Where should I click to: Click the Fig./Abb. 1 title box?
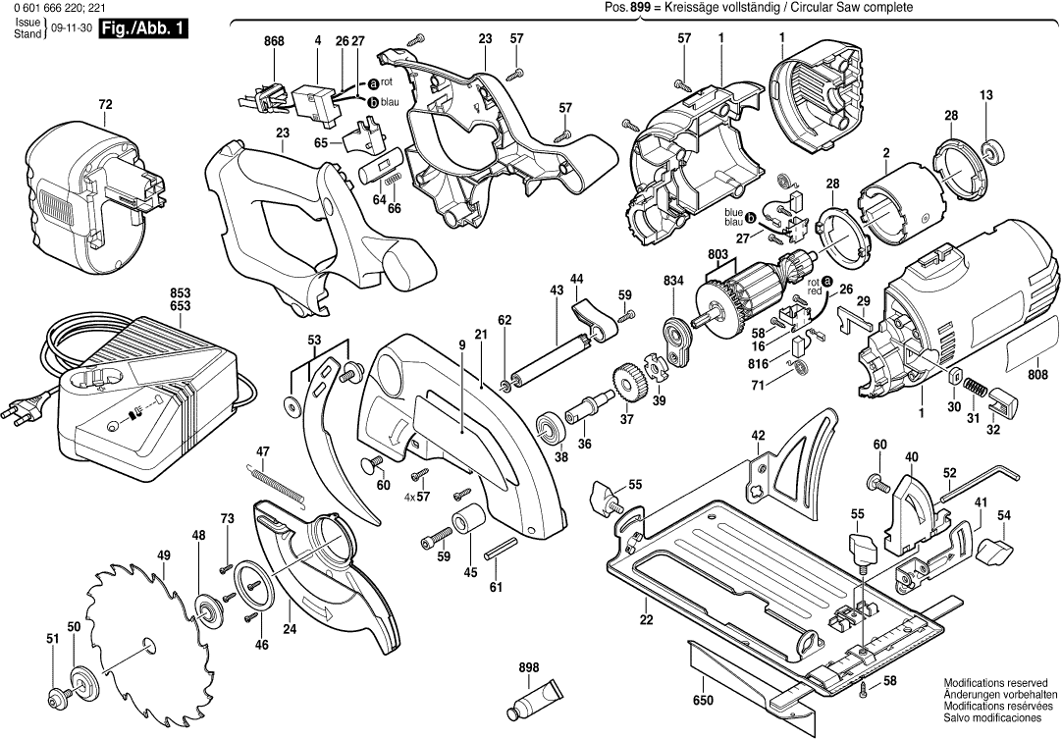pos(145,29)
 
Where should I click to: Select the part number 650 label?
pos(703,701)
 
